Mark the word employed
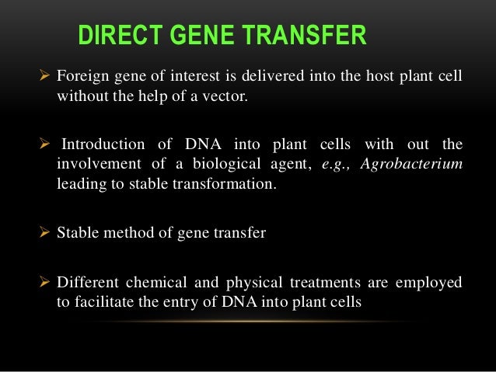[x=428, y=283]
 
